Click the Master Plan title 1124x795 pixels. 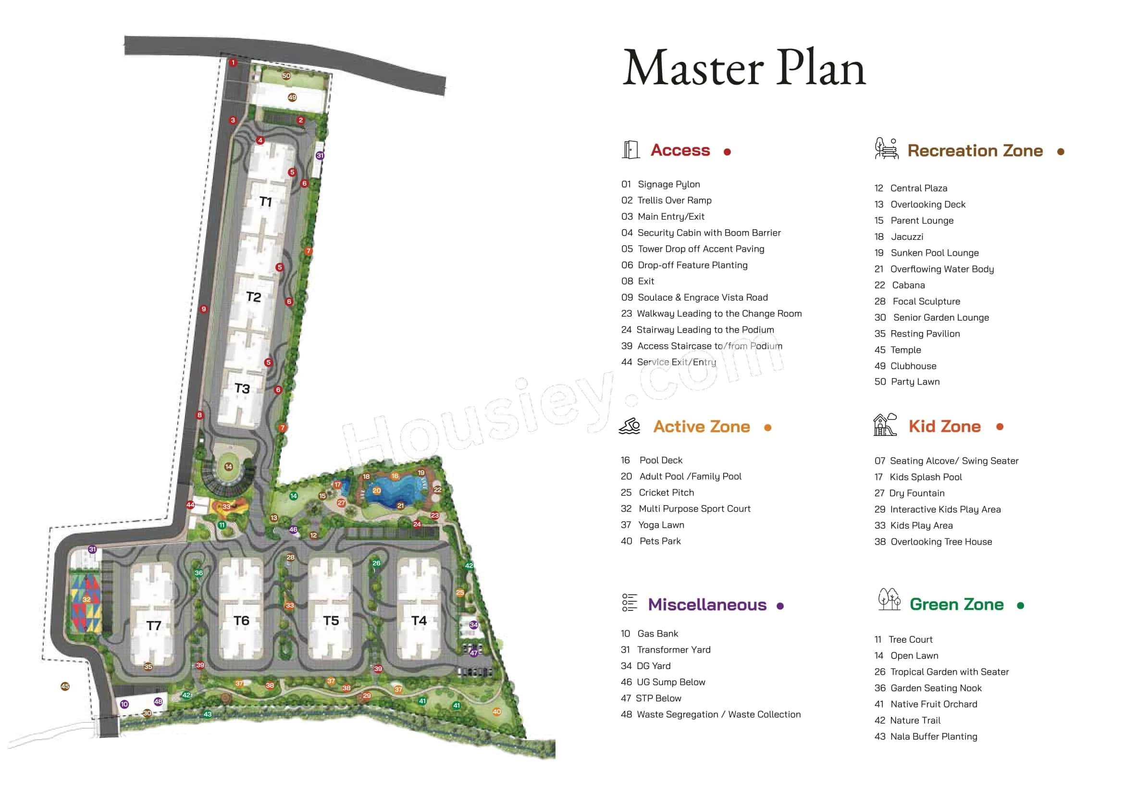tap(743, 69)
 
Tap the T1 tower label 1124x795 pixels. tap(265, 201)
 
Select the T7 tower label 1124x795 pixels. tap(154, 625)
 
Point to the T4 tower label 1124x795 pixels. tap(419, 620)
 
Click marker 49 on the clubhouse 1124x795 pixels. tap(292, 98)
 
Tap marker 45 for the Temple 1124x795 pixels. tap(65, 686)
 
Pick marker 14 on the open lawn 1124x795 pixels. tap(229, 467)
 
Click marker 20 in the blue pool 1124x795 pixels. tap(376, 491)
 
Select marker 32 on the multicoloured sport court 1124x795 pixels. tap(86, 599)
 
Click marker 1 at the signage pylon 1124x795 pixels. tap(234, 62)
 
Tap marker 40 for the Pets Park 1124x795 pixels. tap(497, 712)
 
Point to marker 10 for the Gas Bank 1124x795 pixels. tap(124, 704)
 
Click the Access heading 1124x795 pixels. tap(680, 150)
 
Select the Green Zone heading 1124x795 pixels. tap(956, 605)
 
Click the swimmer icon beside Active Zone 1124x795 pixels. tap(630, 426)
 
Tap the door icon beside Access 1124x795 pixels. tap(630, 150)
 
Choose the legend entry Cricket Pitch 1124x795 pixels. tap(666, 493)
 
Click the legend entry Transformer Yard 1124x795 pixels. tap(673, 650)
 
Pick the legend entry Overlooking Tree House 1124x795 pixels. tap(941, 541)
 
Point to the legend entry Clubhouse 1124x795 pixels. tap(913, 366)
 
